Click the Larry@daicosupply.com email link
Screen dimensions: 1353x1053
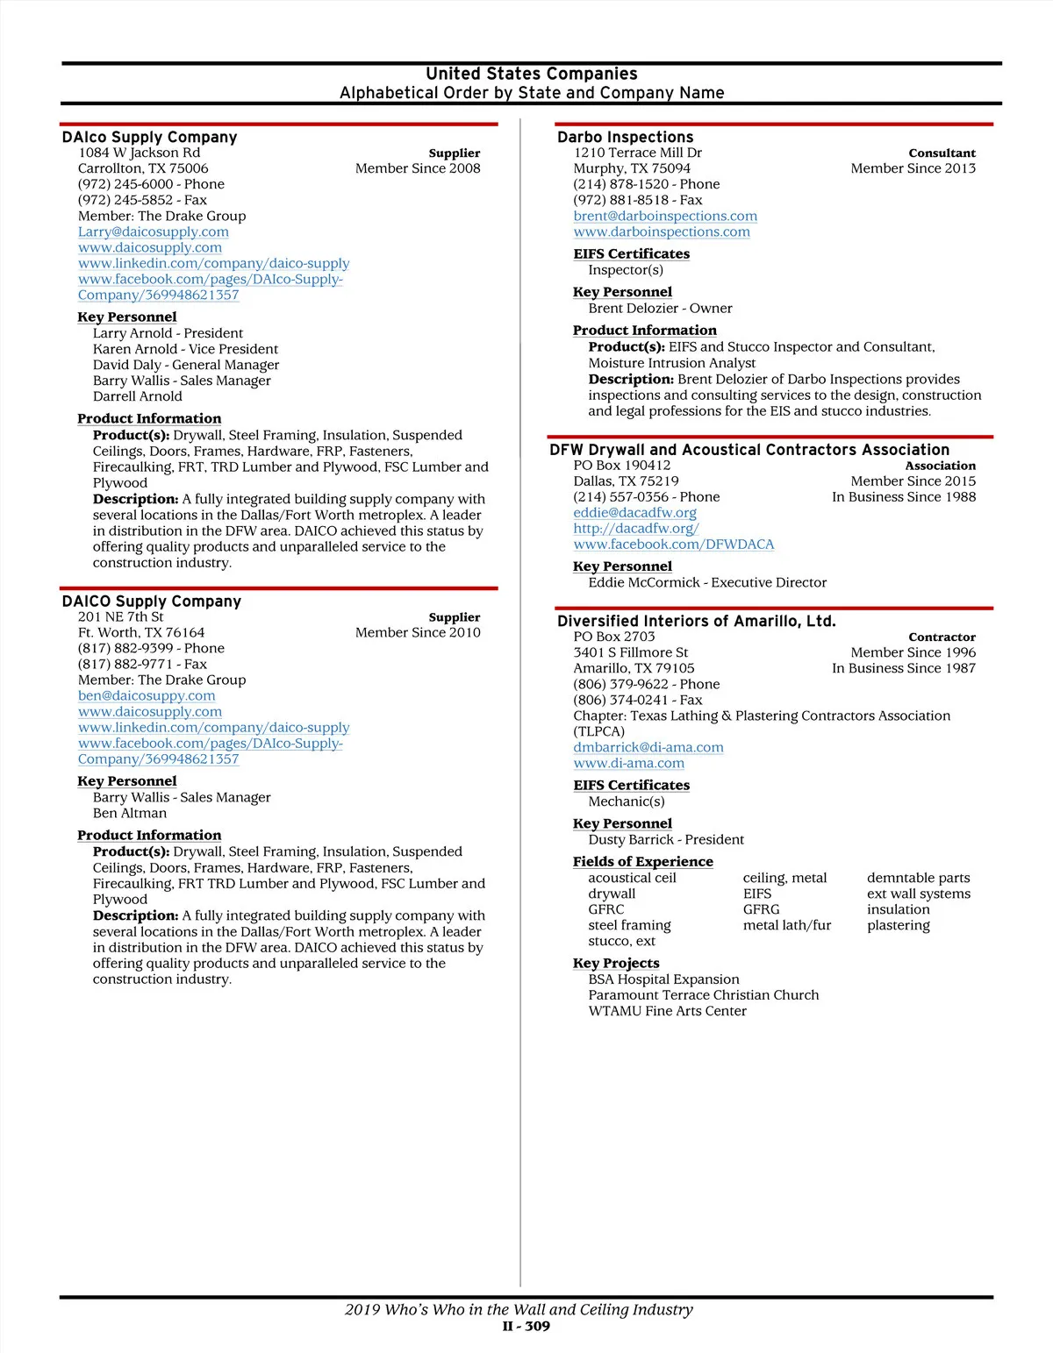(x=153, y=231)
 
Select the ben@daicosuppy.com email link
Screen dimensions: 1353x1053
(x=147, y=695)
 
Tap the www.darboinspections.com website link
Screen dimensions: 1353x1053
(x=662, y=231)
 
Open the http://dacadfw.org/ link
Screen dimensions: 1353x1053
(x=636, y=528)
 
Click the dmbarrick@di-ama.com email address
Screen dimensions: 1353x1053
(x=648, y=747)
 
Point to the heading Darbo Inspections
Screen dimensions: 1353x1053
(x=625, y=137)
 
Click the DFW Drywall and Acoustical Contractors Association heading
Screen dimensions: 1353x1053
(x=749, y=449)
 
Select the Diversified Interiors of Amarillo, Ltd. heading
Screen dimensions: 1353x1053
(x=696, y=621)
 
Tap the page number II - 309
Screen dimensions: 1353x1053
(x=526, y=1326)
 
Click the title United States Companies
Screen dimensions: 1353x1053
(x=532, y=74)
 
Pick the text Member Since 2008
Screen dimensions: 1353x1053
(x=418, y=168)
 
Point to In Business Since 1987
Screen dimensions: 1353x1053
(x=904, y=668)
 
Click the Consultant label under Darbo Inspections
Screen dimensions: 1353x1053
(x=942, y=153)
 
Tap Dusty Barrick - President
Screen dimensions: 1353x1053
(x=666, y=839)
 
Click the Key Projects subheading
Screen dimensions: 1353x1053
(x=616, y=963)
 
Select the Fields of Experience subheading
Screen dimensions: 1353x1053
(x=642, y=861)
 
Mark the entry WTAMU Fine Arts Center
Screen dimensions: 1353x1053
(x=667, y=1011)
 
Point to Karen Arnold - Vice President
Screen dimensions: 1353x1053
(x=185, y=349)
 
